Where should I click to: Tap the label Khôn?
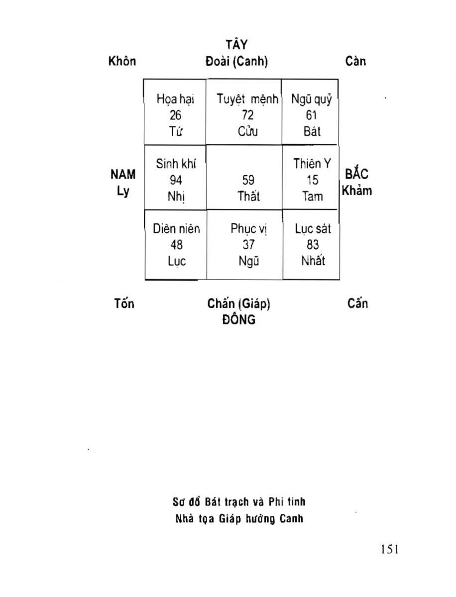pyautogui.click(x=122, y=61)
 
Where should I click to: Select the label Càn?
pyautogui.click(x=355, y=61)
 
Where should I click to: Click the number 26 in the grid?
pyautogui.click(x=175, y=115)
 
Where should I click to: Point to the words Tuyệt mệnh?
pyautogui.click(x=247, y=99)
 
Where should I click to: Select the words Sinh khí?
pyautogui.click(x=176, y=164)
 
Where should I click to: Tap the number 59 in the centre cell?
pyautogui.click(x=248, y=180)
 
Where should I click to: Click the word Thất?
pyautogui.click(x=248, y=196)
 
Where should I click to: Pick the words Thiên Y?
pyautogui.click(x=312, y=164)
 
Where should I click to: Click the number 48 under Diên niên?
pyautogui.click(x=176, y=245)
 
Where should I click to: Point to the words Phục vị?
pyautogui.click(x=249, y=229)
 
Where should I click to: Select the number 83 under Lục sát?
pyautogui.click(x=313, y=245)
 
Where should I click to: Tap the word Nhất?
pyautogui.click(x=313, y=261)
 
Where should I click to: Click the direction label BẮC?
pyautogui.click(x=356, y=175)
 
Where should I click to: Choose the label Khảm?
pyautogui.click(x=356, y=191)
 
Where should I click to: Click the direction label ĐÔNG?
pyautogui.click(x=238, y=319)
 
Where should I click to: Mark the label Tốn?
pyautogui.click(x=123, y=303)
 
